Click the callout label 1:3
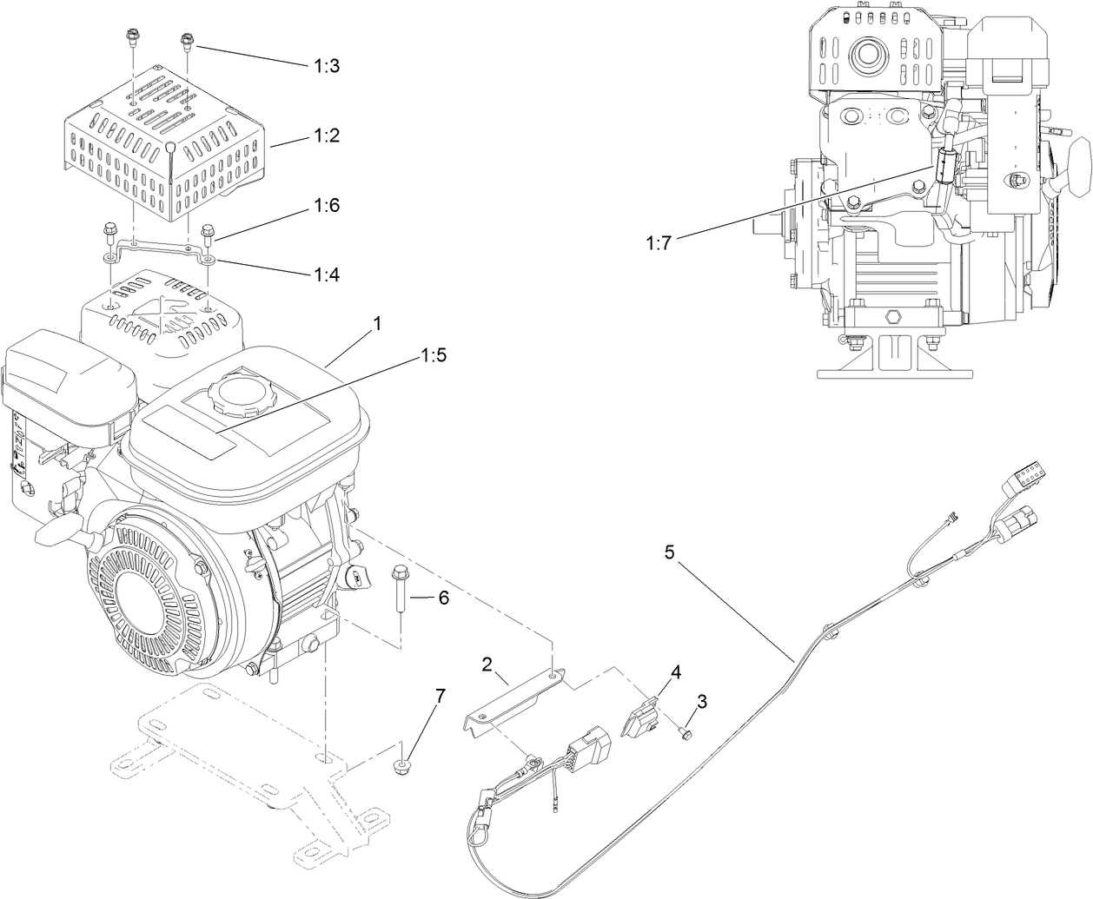point(328,66)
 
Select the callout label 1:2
point(328,136)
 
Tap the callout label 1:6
point(328,206)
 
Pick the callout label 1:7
point(659,244)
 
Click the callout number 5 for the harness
point(669,552)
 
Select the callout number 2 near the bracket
point(487,664)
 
